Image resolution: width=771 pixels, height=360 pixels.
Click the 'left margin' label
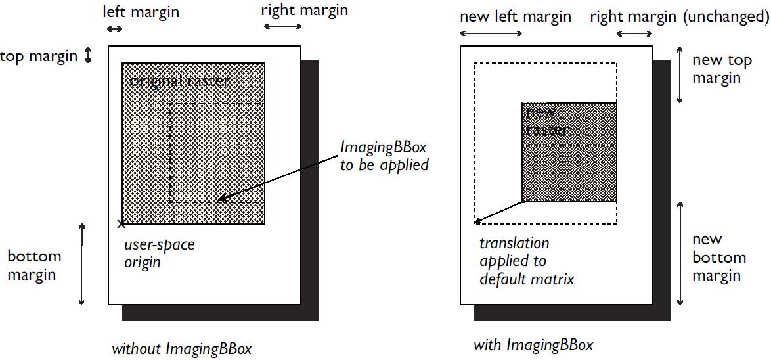pos(141,12)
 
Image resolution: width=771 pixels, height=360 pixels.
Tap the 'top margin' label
pos(39,56)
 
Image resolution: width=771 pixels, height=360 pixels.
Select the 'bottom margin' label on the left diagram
pos(34,265)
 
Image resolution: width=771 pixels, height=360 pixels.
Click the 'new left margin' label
pos(516,17)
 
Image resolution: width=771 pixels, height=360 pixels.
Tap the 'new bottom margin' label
pos(718,258)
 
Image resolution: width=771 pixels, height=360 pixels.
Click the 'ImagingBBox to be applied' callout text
pos(384,156)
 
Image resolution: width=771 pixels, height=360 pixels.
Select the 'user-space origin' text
pos(160,254)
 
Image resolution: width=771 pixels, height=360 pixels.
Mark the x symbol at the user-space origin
pos(121,224)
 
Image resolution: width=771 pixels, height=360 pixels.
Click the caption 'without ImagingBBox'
pos(181,349)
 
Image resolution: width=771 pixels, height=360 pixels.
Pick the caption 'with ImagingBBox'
pos(533,344)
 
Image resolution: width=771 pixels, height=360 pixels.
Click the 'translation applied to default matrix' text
pos(527,261)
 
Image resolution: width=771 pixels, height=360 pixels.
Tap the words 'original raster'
pos(179,81)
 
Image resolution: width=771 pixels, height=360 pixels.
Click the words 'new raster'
pos(546,121)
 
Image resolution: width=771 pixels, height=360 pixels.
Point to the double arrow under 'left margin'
pos(114,28)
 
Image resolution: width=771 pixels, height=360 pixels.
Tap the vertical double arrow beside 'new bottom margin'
pos(680,253)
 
